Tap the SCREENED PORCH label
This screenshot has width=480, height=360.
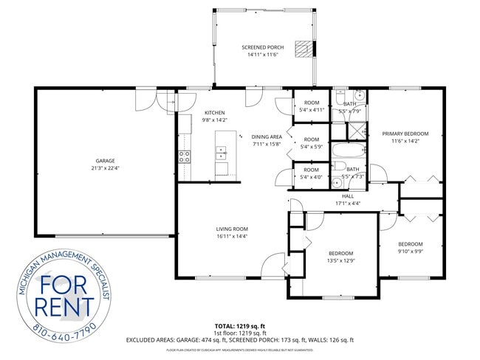(x=263, y=47)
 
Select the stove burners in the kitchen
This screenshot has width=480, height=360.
(x=185, y=156)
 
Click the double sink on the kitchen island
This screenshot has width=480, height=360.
(x=222, y=153)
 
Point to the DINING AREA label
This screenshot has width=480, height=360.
(x=267, y=136)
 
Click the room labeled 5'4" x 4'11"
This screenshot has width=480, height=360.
(x=311, y=106)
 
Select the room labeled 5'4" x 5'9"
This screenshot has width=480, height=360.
(x=311, y=142)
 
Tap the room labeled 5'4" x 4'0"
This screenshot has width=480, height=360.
(x=311, y=173)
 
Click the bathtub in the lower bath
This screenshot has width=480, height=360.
(x=347, y=152)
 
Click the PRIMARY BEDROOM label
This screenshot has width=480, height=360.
(x=405, y=134)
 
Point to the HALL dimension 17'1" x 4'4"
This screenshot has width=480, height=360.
(x=348, y=203)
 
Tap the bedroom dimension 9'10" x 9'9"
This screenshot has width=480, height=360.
(x=411, y=251)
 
